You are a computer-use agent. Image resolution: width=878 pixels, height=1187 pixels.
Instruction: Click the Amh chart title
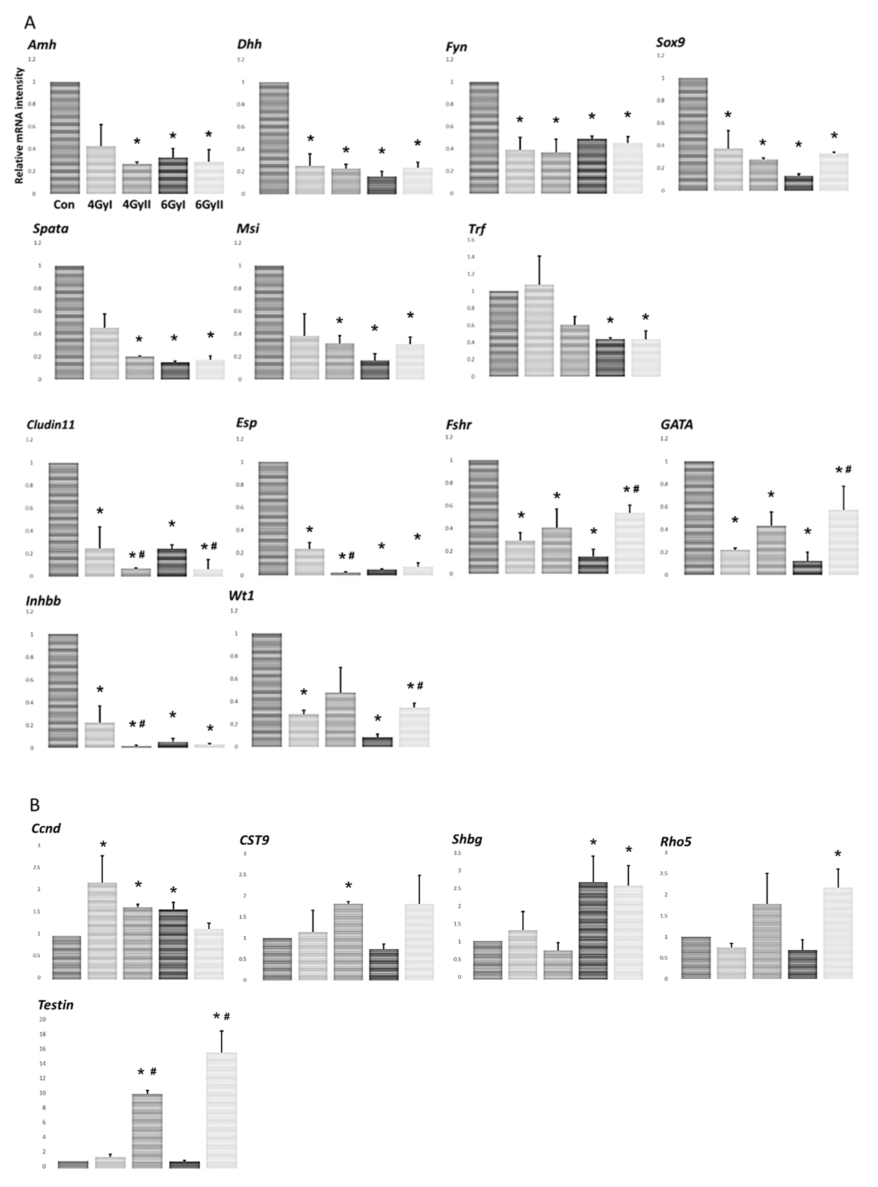[42, 45]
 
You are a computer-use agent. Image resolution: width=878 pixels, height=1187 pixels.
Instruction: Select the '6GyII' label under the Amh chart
[209, 205]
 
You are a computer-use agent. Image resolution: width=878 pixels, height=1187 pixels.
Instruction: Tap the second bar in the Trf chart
[539, 330]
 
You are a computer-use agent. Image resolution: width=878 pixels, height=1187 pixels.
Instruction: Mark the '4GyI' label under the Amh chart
[100, 205]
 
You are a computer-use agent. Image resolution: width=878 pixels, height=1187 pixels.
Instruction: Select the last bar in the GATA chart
[843, 542]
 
